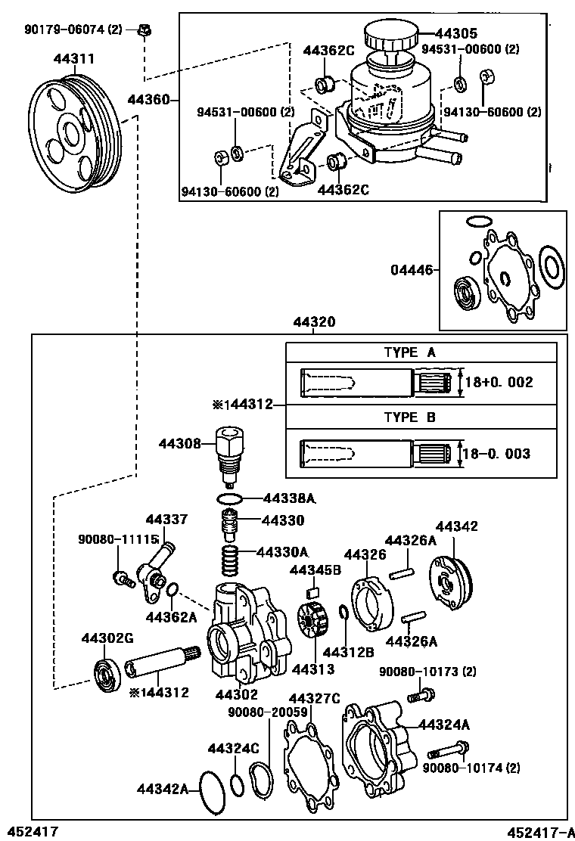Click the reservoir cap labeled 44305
388,36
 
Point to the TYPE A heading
409,352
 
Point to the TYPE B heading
409,417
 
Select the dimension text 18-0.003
498,454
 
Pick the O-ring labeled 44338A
229,498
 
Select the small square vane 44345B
311,592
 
